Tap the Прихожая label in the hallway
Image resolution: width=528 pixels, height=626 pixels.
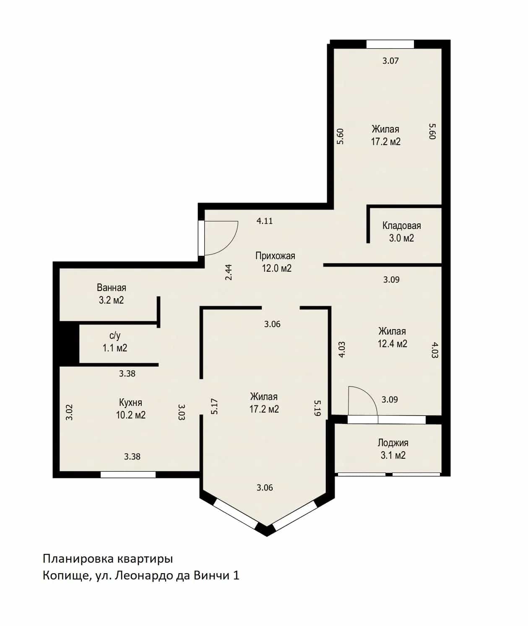275,256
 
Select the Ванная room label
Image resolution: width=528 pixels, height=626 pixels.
112,288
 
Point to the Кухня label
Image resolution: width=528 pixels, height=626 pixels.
130,403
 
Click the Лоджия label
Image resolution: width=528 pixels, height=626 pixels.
393,443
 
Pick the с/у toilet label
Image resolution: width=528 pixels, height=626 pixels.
115,335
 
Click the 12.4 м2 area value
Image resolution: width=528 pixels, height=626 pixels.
393,343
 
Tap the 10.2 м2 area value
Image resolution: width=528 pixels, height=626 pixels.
131,415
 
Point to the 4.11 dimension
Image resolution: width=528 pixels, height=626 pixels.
265,221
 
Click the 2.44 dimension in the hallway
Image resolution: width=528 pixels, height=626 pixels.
229,272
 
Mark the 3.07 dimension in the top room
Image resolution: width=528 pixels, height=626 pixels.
391,61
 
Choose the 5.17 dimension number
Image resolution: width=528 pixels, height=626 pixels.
214,406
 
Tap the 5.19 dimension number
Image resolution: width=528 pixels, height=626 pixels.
317,408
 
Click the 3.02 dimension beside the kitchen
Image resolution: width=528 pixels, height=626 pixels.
69,412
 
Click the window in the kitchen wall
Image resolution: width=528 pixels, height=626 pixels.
128,475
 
